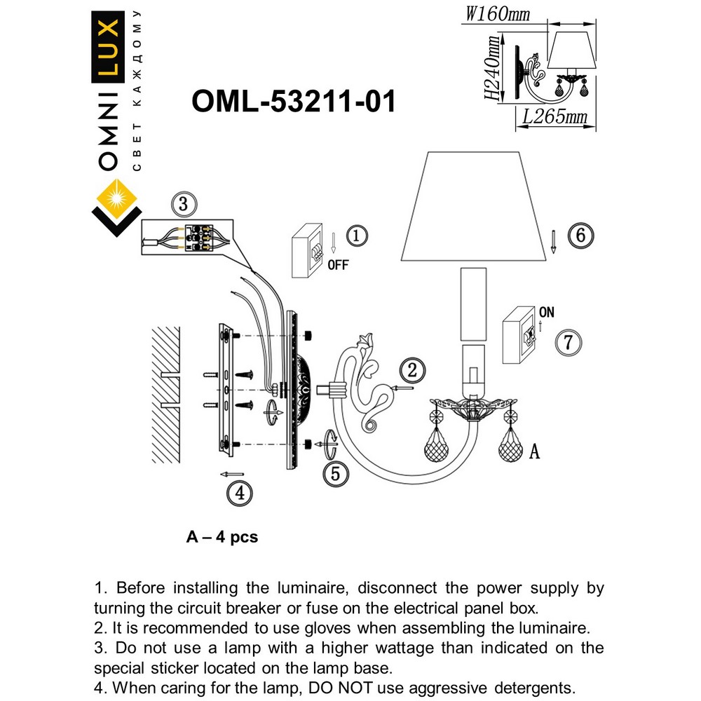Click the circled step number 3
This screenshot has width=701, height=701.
[x=182, y=205]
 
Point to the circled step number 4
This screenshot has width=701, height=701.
[x=239, y=493]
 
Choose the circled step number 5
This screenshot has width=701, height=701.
[x=335, y=474]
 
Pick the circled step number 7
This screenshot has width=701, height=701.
[x=569, y=343]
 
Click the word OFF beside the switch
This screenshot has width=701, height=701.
[x=337, y=266]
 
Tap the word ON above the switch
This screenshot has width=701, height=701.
[x=547, y=312]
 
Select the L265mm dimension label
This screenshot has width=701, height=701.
[x=554, y=116]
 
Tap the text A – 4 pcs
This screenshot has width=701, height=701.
[x=222, y=538]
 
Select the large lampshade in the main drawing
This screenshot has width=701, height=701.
[x=474, y=211]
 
